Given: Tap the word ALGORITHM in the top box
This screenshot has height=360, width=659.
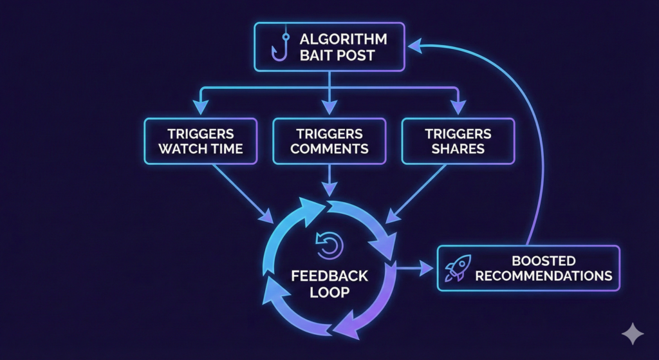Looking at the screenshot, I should (344, 39).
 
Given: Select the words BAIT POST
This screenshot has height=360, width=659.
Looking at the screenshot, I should (337, 55).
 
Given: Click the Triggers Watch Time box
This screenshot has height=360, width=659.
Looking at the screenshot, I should (200, 141).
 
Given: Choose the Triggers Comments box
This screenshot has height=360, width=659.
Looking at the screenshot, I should (329, 141).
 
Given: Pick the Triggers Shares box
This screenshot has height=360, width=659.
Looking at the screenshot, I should (458, 141).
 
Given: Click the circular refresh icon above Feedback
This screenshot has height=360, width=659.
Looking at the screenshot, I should (329, 245).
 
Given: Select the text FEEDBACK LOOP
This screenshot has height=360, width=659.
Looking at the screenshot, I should (329, 283).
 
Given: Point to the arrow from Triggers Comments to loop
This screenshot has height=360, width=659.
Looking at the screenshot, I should (329, 180).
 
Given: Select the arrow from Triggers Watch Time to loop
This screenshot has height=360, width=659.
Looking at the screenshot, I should (241, 191).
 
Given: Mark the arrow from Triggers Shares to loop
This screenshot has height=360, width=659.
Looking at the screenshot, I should (418, 191).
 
